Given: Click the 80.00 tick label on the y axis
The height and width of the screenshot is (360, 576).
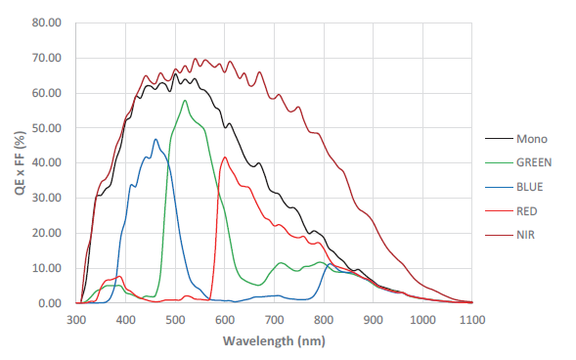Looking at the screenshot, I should point(46,22).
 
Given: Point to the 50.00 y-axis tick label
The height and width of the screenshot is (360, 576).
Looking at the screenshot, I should point(46,128).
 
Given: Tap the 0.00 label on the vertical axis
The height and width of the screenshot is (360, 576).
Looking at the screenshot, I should point(49,303).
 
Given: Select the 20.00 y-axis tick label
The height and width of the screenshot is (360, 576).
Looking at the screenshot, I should point(46,233).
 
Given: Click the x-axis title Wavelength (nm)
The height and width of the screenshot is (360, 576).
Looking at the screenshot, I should point(274,341).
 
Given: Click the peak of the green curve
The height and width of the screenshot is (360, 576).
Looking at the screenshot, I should point(185,100).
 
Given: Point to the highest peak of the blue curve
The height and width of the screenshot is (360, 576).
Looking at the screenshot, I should point(155,139).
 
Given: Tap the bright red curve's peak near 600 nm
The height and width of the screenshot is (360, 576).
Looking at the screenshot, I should point(225,157).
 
